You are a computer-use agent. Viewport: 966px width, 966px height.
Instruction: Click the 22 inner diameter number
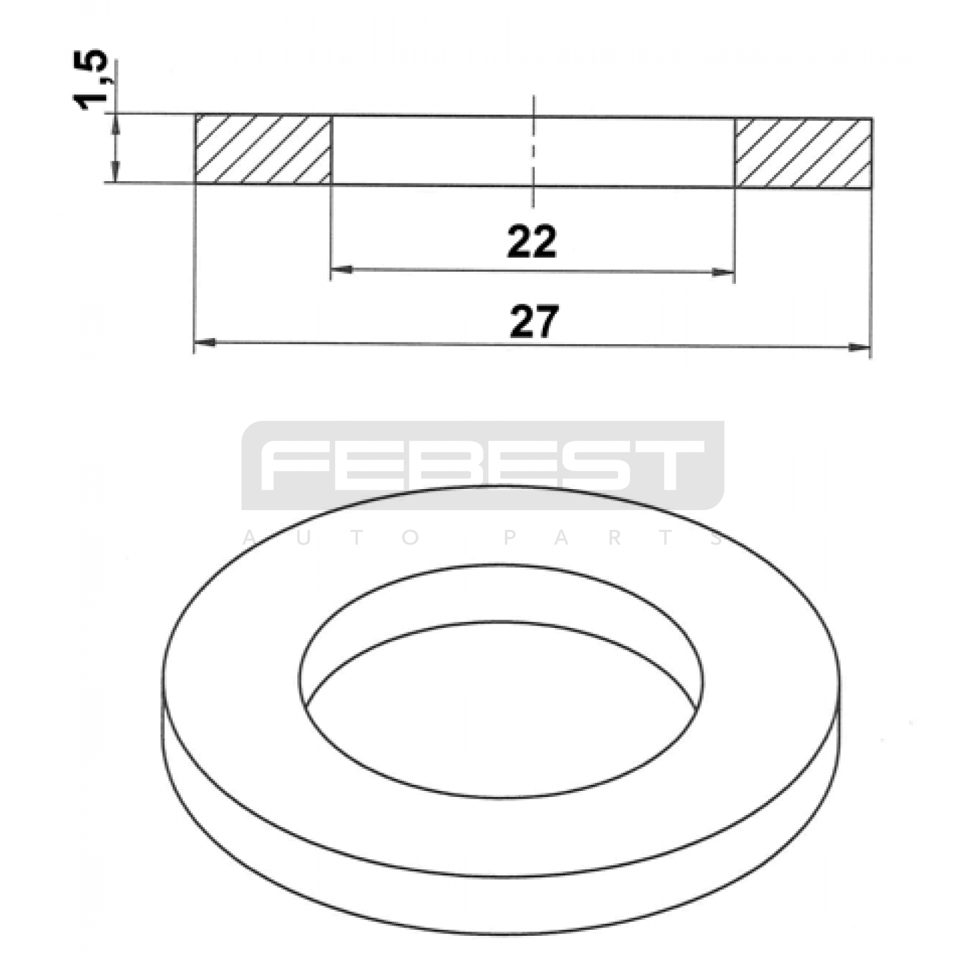[x=531, y=241]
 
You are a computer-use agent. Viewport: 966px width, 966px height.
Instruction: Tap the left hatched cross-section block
[x=263, y=149]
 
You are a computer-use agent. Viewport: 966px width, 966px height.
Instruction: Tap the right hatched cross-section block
[x=803, y=153]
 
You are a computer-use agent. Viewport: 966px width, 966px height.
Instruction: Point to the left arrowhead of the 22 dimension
[x=342, y=269]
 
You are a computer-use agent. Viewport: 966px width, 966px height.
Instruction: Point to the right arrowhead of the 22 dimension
[x=723, y=273]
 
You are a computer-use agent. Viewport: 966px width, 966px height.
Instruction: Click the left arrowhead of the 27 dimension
[x=205, y=342]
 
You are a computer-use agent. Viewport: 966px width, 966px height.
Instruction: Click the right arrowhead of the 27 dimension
[x=859, y=347]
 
